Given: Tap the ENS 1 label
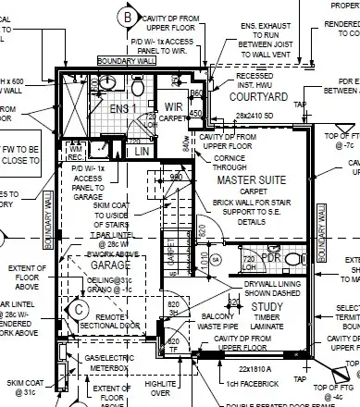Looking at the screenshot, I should point(121,108).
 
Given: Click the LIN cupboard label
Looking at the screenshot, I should point(141,150).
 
